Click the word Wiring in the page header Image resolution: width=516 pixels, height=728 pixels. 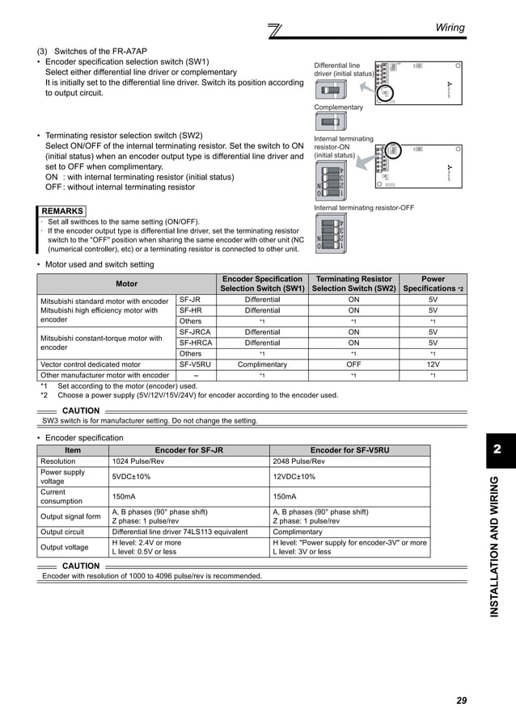(450, 28)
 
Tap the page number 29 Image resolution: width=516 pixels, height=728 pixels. (461, 701)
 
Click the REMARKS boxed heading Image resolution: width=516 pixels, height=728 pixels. (61, 212)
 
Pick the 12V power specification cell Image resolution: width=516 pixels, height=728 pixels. (433, 364)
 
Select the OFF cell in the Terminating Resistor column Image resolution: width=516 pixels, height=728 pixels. (353, 364)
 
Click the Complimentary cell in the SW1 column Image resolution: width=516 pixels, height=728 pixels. (262, 364)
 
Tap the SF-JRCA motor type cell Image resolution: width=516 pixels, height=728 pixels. (195, 332)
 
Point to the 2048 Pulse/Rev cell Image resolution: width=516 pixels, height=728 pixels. (298, 461)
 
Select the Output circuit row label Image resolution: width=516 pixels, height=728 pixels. (62, 532)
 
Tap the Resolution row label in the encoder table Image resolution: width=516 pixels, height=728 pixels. (57, 461)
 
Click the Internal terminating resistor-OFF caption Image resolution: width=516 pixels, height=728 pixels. (363, 208)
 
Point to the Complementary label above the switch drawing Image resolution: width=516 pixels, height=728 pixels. (338, 107)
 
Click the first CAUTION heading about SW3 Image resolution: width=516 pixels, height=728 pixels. (80, 411)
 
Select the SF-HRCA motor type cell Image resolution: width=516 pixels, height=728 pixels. (195, 343)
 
